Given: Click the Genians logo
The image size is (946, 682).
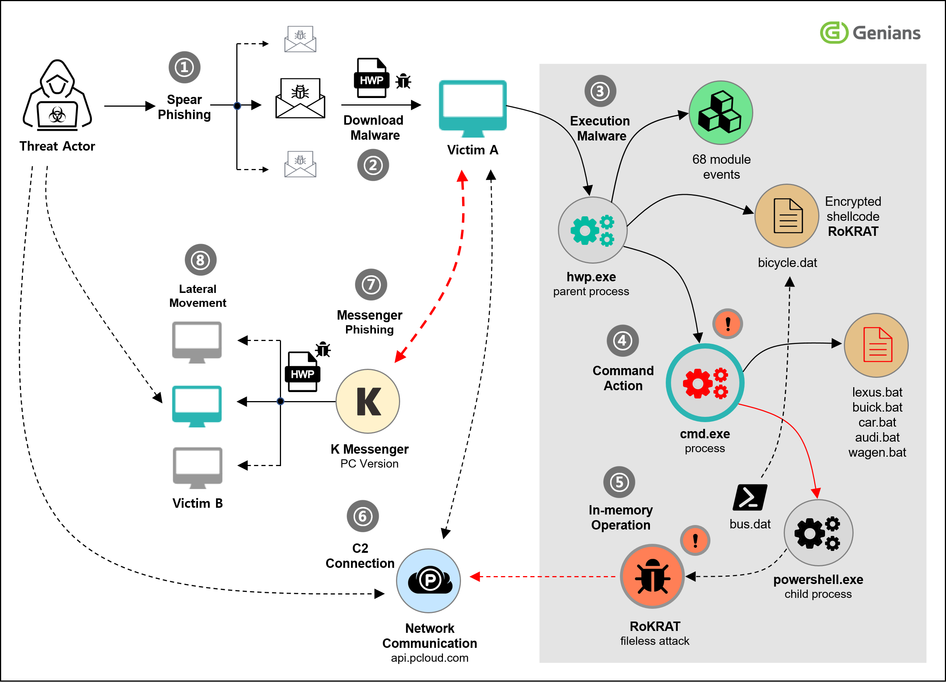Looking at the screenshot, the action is [x=870, y=33].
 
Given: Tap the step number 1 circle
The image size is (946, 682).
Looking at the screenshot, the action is [x=184, y=67].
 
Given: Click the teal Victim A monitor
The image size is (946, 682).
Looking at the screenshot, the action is [x=473, y=109].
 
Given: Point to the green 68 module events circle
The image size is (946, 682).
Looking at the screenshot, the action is [x=721, y=113].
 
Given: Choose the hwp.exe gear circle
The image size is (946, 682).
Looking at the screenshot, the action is [x=593, y=230].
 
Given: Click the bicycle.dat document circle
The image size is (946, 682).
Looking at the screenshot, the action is [x=787, y=216].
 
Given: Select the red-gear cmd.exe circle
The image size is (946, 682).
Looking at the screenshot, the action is [x=705, y=383].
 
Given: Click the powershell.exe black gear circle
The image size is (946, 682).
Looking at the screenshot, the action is [x=818, y=533].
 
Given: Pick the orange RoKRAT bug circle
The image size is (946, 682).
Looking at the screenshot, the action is [x=652, y=576].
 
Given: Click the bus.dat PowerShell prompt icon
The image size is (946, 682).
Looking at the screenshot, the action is [x=750, y=497].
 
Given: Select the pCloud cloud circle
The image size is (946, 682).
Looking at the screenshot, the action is [x=428, y=581].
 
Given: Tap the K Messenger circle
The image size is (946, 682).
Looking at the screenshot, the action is [x=368, y=401].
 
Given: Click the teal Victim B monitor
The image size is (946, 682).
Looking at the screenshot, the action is [x=197, y=406].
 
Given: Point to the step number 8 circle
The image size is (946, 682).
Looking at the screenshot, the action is [x=201, y=260].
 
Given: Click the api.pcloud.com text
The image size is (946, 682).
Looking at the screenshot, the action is [x=430, y=658].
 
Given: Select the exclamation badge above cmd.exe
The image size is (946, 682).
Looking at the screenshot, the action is [x=728, y=324].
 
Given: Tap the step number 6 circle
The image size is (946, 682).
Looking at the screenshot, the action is [x=363, y=516].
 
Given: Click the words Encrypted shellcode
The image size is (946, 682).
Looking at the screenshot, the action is [x=853, y=209].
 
